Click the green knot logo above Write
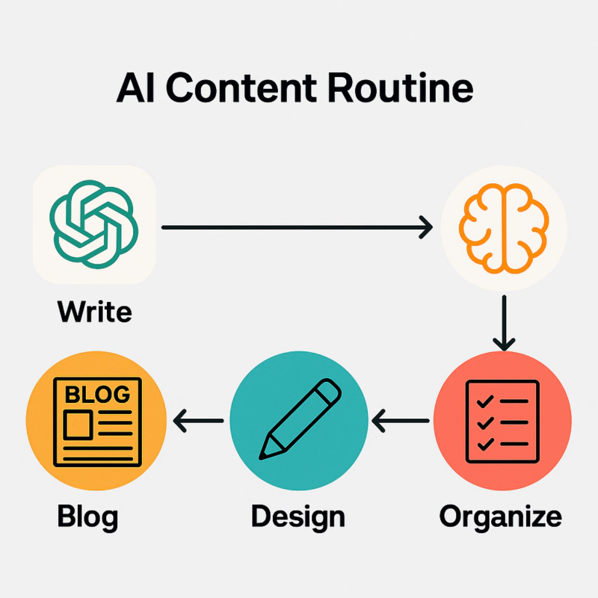(x=94, y=225)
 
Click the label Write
(x=94, y=311)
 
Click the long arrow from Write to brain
(x=297, y=226)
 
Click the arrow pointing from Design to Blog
(x=198, y=423)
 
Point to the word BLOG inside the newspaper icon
(x=97, y=394)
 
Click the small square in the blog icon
(x=78, y=425)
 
